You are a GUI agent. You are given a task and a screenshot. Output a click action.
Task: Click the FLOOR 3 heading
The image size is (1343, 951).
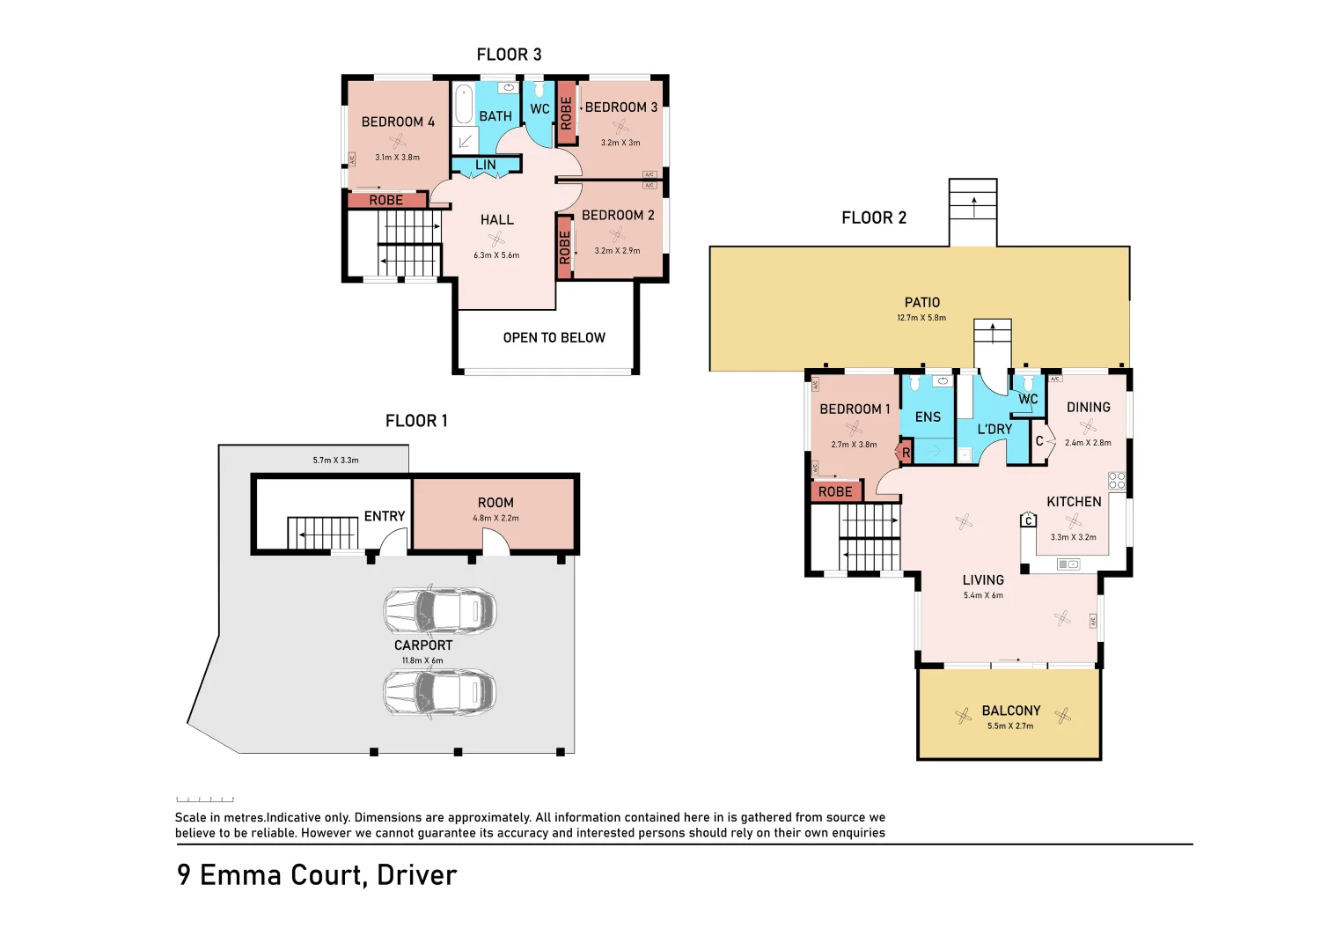[509, 55]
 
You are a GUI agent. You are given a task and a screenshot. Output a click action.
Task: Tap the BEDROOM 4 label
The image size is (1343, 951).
[398, 122]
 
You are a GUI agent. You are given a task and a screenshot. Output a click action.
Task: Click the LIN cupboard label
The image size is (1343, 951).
[486, 165]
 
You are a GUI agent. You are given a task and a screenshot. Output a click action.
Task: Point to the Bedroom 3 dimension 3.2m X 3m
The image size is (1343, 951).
[620, 143]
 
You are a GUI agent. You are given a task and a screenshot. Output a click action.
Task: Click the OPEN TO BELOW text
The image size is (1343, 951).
[554, 338]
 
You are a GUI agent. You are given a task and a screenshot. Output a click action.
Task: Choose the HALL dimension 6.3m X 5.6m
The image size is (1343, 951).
[496, 255]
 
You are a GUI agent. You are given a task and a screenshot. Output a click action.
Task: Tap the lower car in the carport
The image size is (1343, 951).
[439, 693]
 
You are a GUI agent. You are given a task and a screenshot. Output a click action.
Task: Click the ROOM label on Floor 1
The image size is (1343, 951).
[495, 503]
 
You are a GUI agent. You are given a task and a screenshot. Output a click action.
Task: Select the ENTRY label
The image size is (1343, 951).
[385, 517]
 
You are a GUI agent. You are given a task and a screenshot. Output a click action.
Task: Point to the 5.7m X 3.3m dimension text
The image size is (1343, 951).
[335, 461]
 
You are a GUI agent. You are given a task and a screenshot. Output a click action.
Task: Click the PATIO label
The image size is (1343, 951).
[921, 303]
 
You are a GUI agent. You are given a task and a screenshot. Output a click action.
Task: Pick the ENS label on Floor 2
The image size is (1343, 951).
[928, 417]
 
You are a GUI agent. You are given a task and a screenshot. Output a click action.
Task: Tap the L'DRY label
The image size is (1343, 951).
[994, 430]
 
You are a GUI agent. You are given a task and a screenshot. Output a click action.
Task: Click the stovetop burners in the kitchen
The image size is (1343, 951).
[1117, 481]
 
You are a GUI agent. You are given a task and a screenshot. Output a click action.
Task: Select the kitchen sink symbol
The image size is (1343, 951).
[1068, 564]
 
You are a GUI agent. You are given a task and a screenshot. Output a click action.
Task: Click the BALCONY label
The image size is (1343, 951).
[1010, 711]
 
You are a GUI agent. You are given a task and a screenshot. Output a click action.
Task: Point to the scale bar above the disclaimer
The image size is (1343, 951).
[205, 800]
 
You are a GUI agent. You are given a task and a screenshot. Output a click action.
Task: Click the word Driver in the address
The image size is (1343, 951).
[416, 875]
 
